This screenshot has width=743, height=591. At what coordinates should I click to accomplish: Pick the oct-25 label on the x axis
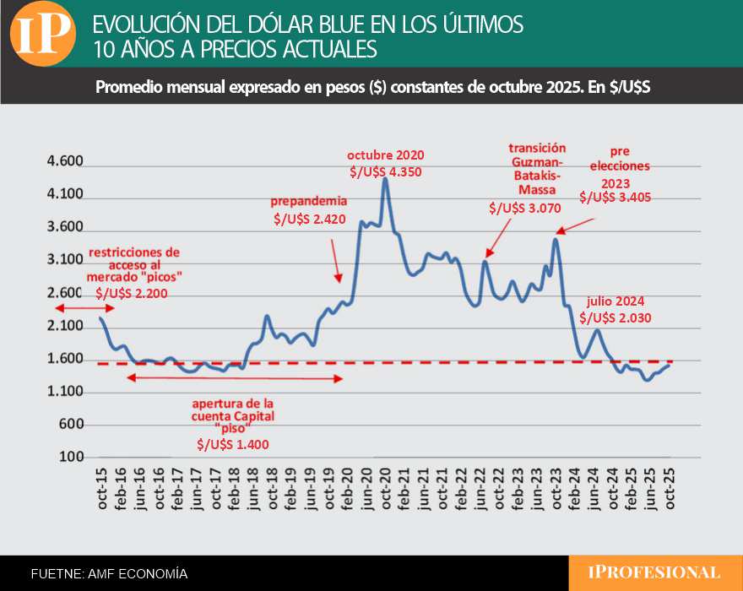point(671,488)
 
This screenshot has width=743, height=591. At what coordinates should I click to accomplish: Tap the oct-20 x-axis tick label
point(386,488)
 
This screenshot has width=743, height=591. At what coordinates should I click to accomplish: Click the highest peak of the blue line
point(385,179)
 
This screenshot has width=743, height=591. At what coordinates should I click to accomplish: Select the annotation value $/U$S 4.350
point(386,171)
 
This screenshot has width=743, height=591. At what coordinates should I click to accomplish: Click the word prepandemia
point(308,202)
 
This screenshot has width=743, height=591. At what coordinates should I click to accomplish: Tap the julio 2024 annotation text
point(618,301)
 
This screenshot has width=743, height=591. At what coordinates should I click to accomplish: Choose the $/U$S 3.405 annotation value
point(615,198)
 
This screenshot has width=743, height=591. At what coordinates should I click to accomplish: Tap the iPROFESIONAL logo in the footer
point(654,572)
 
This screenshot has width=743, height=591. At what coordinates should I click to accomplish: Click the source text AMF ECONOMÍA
point(137,573)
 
